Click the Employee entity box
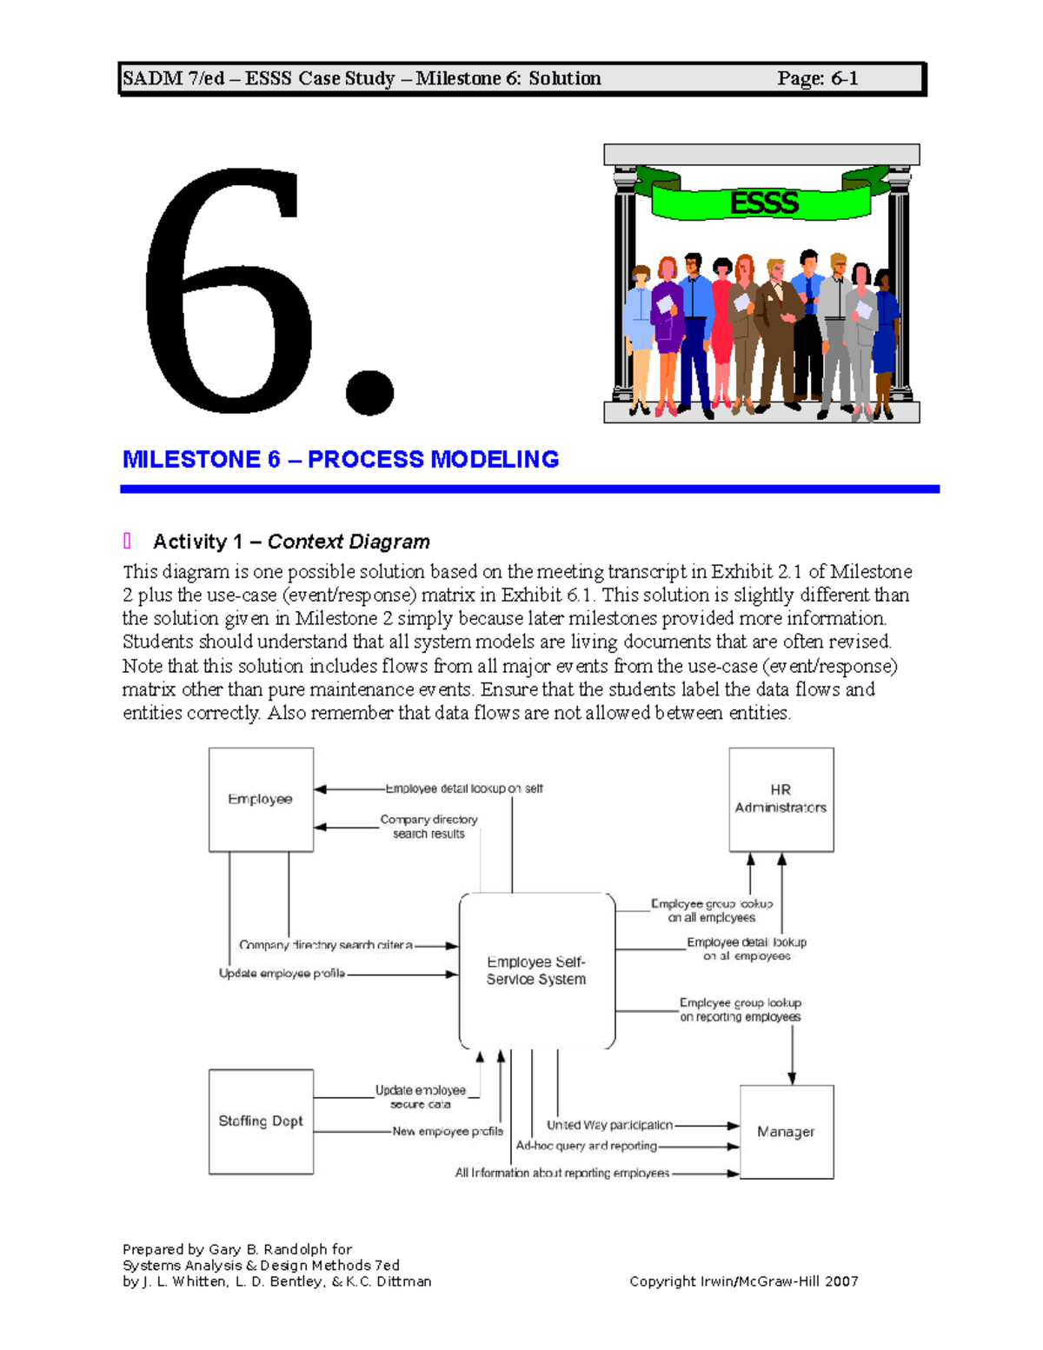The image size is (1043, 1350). click(x=261, y=799)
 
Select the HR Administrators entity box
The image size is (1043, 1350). click(x=781, y=799)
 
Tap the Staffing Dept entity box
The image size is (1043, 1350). click(x=261, y=1121)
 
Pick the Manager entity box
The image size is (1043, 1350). click(x=786, y=1132)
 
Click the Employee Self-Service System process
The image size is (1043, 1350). click(x=536, y=970)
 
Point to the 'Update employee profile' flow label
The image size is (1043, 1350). click(x=282, y=974)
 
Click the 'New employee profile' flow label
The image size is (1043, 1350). click(x=448, y=1132)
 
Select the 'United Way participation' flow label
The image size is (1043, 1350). click(x=609, y=1125)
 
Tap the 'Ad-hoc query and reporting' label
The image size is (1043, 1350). click(x=586, y=1146)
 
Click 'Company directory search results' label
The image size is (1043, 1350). click(x=428, y=827)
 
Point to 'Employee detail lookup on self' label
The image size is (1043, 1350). click(x=464, y=788)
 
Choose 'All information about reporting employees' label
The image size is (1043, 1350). click(x=562, y=1173)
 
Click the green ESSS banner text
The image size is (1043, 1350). click(x=763, y=203)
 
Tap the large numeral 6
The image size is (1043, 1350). click(x=230, y=291)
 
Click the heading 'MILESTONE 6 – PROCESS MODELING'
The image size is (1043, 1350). click(x=340, y=459)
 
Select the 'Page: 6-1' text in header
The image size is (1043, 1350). click(x=817, y=78)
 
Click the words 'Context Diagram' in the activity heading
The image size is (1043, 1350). click(x=349, y=542)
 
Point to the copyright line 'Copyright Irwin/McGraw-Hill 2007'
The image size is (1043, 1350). click(x=743, y=1281)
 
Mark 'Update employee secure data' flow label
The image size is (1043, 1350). click(x=421, y=1097)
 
